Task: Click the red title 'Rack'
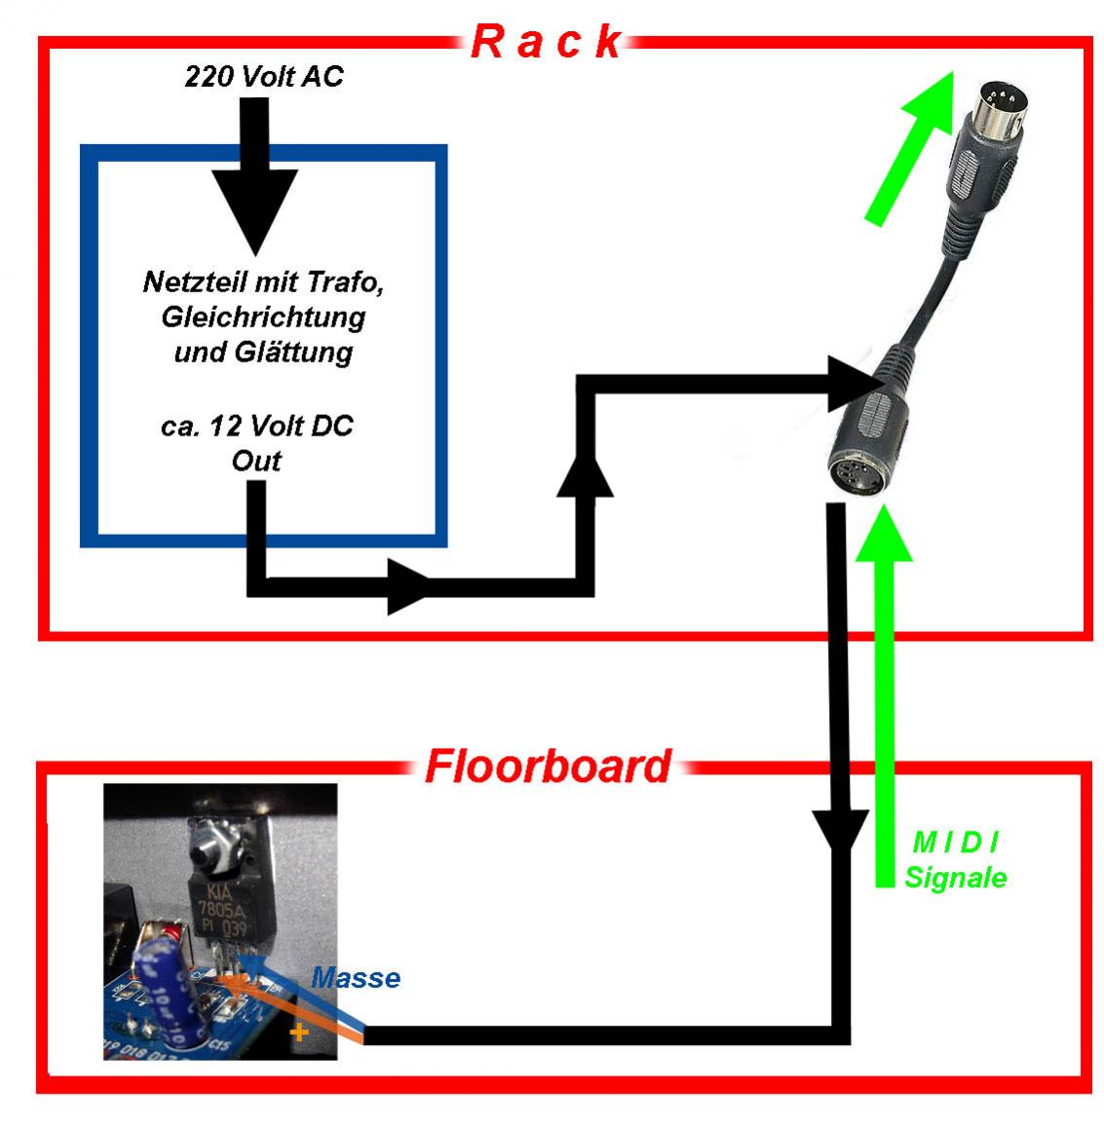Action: [x=546, y=42]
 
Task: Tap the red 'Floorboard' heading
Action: [x=548, y=767]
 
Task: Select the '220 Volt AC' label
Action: [x=264, y=76]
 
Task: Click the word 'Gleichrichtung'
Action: [x=265, y=317]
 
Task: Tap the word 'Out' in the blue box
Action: [x=255, y=460]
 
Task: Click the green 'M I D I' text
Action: [x=955, y=842]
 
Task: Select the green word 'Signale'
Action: [x=955, y=877]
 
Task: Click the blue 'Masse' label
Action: [x=356, y=977]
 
